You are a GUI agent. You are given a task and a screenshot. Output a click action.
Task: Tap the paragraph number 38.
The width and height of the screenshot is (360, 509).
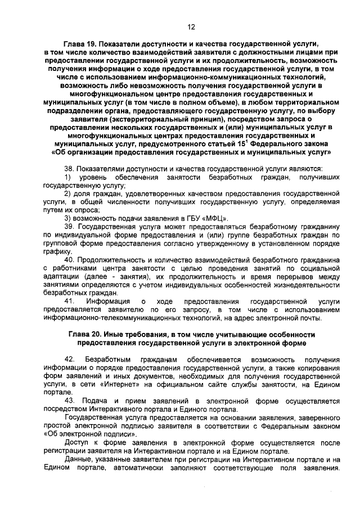click(x=69, y=168)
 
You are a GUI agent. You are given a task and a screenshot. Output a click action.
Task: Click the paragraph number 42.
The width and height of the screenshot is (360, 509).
click(x=70, y=359)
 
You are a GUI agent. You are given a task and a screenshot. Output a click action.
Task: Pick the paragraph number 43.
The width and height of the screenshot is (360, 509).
click(x=69, y=400)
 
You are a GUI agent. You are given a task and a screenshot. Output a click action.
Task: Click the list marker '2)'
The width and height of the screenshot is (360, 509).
click(x=67, y=193)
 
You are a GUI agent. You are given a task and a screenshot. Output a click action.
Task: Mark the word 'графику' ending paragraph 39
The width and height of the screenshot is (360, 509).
click(x=55, y=251)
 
